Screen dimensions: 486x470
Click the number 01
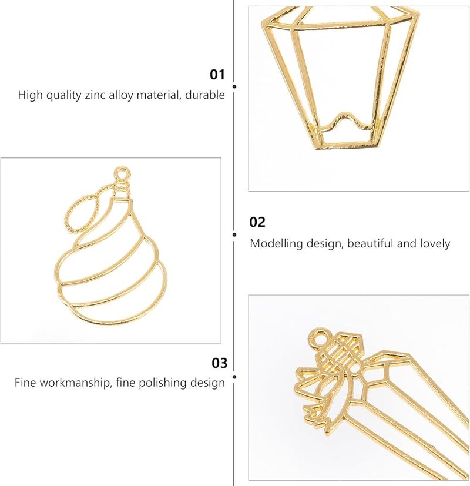[217, 75]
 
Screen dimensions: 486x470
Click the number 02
[257, 222]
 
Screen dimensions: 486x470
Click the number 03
[219, 363]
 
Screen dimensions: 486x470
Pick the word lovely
[434, 243]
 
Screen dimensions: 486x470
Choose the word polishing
[156, 383]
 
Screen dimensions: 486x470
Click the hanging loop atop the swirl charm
[122, 175]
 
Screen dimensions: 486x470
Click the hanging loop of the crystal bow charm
[320, 338]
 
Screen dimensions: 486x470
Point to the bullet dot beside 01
[234, 86]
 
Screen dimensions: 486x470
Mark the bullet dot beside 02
[234, 234]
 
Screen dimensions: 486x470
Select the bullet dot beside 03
[234, 376]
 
